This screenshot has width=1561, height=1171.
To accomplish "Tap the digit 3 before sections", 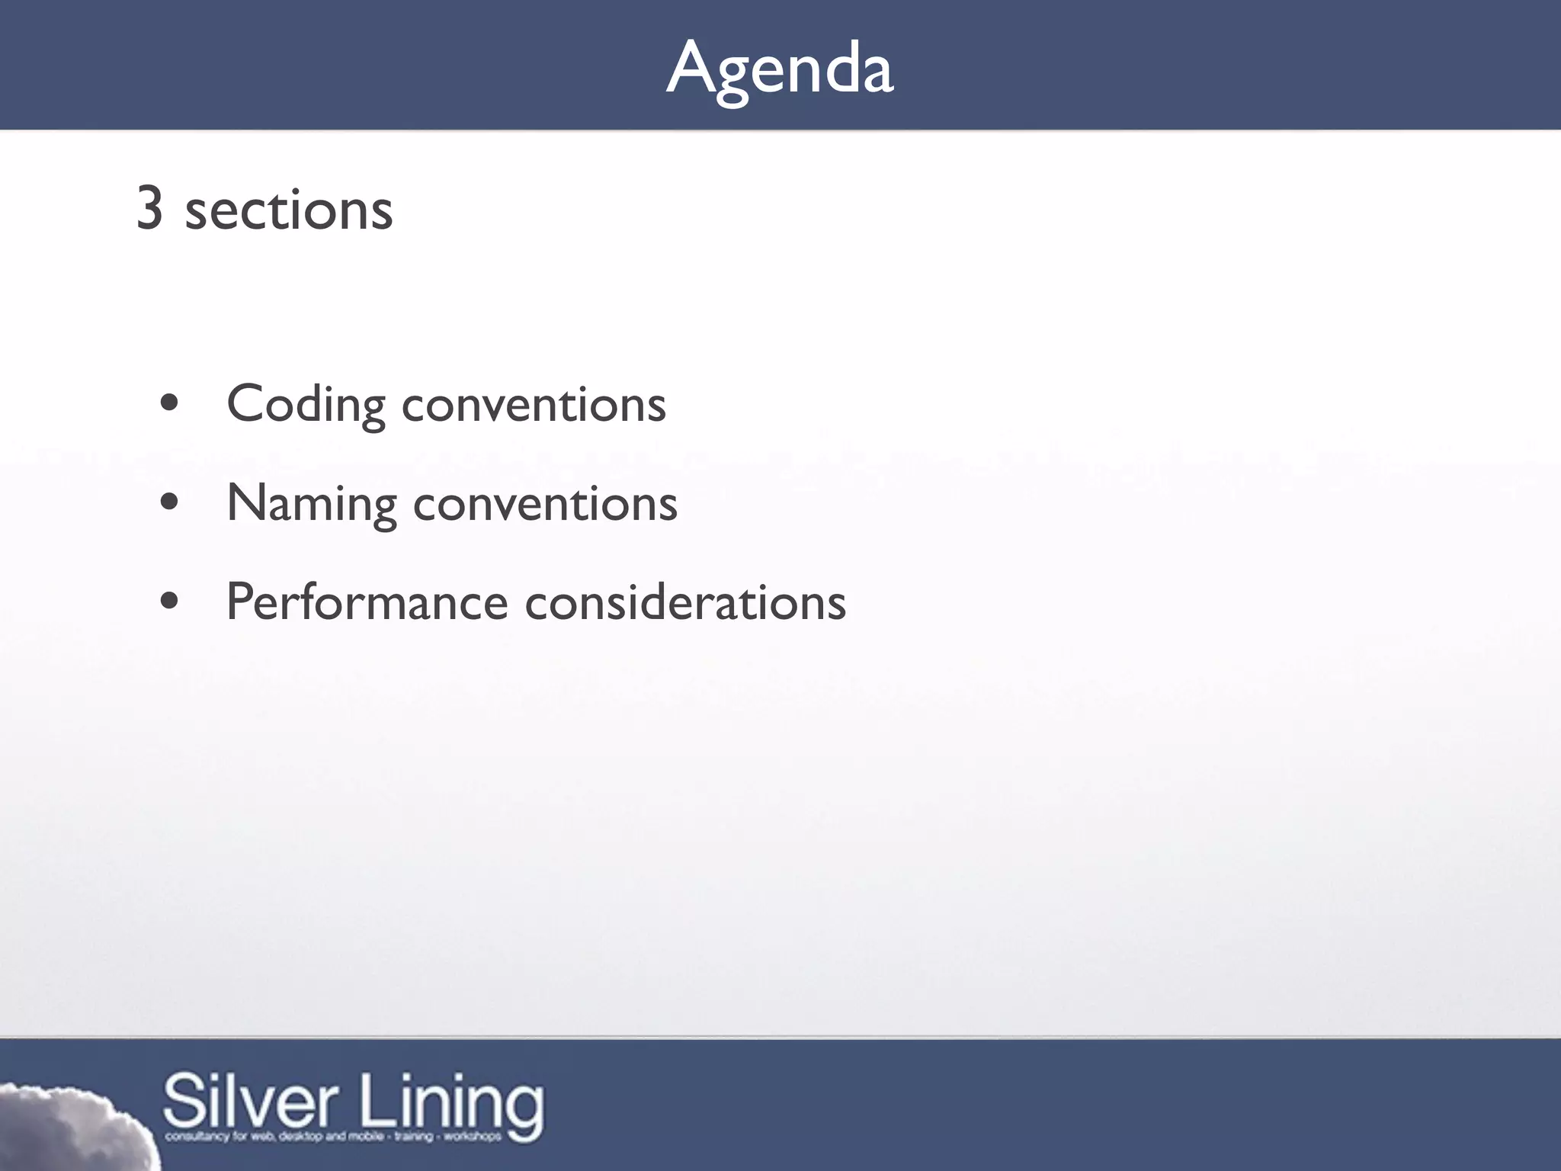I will pyautogui.click(x=149, y=209).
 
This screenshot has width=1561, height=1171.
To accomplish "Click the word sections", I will pyautogui.click(x=289, y=210).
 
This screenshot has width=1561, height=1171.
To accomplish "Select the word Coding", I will pyautogui.click(x=306, y=405).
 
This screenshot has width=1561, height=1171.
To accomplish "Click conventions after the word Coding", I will pyautogui.click(x=534, y=405).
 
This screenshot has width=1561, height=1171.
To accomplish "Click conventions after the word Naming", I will pyautogui.click(x=545, y=504).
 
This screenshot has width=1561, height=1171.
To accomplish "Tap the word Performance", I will pyautogui.click(x=367, y=602).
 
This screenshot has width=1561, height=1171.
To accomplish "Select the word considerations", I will pyautogui.click(x=685, y=602).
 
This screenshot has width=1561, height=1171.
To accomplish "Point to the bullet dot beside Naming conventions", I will pyautogui.click(x=170, y=502).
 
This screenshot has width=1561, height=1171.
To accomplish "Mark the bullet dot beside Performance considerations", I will pyautogui.click(x=170, y=601).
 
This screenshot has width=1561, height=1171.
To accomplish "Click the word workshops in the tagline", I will pyautogui.click(x=473, y=1137).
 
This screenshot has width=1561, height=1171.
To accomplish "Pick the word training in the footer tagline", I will pyautogui.click(x=413, y=1137).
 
